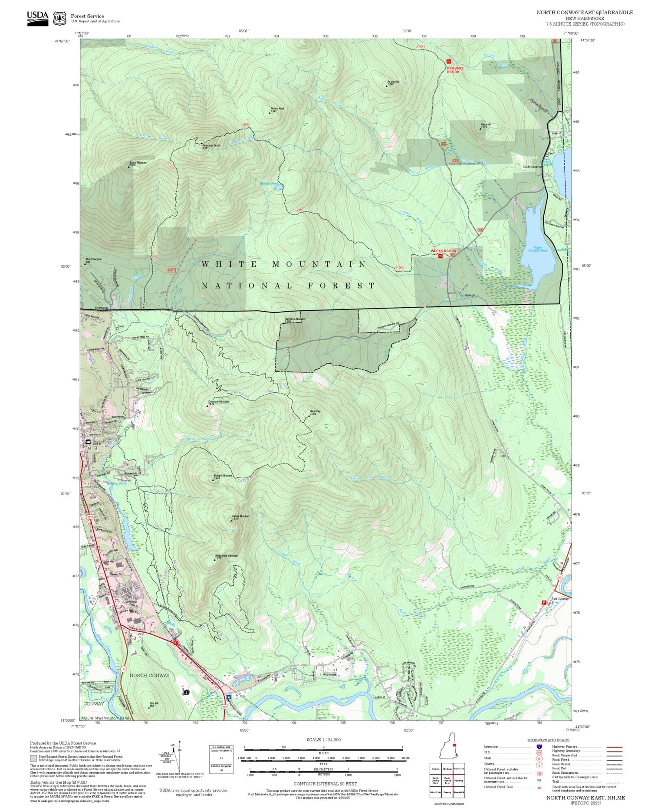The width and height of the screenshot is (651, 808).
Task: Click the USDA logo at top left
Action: coord(37,18)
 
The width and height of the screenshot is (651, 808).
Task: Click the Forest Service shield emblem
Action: coord(59,19)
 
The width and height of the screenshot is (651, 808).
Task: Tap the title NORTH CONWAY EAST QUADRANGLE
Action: coord(585,12)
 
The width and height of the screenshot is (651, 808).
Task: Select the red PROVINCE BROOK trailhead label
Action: coord(455,69)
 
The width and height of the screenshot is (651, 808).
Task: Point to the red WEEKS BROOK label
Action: coord(443,251)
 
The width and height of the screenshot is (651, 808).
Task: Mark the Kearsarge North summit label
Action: coord(211,146)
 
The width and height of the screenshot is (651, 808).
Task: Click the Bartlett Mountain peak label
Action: coord(138,163)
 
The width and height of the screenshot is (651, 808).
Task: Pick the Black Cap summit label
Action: coord(315,412)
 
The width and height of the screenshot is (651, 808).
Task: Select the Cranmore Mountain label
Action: coord(218,402)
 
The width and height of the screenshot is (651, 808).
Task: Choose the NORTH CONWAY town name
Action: coord(149,675)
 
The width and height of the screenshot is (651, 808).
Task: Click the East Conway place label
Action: coord(560,599)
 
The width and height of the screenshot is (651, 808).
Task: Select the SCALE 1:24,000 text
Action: coord(323,739)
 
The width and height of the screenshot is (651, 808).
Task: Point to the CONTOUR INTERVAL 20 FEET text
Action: coord(325,784)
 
